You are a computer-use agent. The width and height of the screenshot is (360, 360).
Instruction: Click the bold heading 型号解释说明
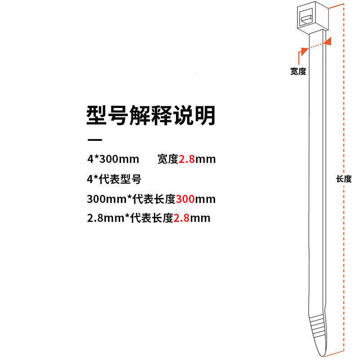tap(151, 116)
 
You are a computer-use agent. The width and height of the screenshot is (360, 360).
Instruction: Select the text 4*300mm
tap(113, 159)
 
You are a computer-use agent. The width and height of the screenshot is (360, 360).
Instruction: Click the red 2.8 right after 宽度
tap(187, 159)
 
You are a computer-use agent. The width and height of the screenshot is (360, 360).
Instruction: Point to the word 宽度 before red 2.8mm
tap(168, 159)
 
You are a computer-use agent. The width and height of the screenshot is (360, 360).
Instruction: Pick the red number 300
tap(185, 198)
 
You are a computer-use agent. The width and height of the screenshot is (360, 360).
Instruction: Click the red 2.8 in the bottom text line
tap(181, 218)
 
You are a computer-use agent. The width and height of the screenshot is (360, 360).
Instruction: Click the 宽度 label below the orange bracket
tap(298, 71)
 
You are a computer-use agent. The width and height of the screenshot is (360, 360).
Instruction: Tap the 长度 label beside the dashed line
tap(344, 179)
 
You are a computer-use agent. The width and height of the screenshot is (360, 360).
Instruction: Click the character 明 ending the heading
tap(206, 116)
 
